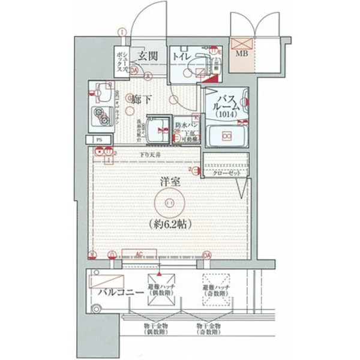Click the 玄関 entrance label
click(148, 56)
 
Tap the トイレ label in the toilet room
click(182, 56)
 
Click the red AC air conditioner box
click(139, 256)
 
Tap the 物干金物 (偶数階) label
click(155, 328)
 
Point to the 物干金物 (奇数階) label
click(208, 328)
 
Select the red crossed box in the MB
click(241, 43)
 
